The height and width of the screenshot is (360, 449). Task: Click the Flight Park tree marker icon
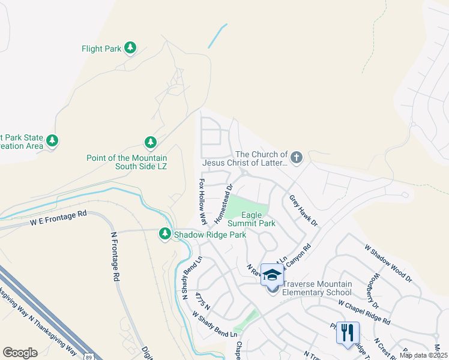click(x=130, y=48)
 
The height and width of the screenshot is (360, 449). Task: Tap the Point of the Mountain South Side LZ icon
click(x=150, y=142)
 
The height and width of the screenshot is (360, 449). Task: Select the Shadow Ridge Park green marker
click(x=164, y=234)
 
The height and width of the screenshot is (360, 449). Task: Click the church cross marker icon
click(x=296, y=158)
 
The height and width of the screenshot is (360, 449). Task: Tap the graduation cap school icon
click(x=272, y=276)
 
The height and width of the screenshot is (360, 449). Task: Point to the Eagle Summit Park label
click(x=259, y=219)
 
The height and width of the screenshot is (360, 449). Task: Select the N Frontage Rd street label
click(x=113, y=257)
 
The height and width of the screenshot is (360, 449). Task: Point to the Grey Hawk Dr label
click(x=303, y=209)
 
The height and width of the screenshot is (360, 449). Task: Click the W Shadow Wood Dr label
click(x=388, y=263)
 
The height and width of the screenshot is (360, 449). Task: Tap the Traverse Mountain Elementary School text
click(x=316, y=289)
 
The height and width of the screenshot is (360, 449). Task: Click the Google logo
click(x=20, y=353)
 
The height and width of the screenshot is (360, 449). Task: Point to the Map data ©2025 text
click(x=423, y=355)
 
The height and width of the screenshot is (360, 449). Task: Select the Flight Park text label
click(x=101, y=49)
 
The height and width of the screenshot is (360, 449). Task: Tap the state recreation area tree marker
click(x=53, y=140)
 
